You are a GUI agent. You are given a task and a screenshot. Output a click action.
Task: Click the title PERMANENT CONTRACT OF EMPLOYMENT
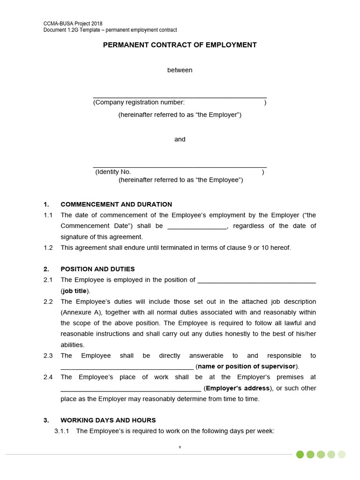pyautogui.click(x=180, y=45)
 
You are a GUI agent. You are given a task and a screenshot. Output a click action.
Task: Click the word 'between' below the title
pyautogui.click(x=180, y=70)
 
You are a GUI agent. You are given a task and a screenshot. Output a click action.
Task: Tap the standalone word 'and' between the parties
pyautogui.click(x=180, y=139)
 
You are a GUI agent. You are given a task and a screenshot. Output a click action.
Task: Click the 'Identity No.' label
pyautogui.click(x=113, y=172)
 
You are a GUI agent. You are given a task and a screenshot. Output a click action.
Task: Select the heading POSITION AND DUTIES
pyautogui.click(x=97, y=269)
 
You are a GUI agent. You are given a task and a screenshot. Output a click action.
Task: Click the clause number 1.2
pyautogui.click(x=48, y=247)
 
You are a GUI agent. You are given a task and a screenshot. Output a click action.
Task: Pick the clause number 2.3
pyautogui.click(x=48, y=356)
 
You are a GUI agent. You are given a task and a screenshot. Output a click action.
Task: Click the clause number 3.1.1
pyautogui.click(x=62, y=431)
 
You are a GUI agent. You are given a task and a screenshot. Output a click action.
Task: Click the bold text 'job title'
pyautogui.click(x=75, y=291)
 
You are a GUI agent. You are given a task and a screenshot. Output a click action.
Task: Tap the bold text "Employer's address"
pyautogui.click(x=238, y=388)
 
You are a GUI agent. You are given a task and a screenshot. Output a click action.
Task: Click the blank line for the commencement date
pyautogui.click(x=197, y=226)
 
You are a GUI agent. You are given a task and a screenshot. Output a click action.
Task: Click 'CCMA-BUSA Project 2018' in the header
pyautogui.click(x=73, y=23)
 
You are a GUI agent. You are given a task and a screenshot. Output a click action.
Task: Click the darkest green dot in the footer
pyautogui.click(x=300, y=454)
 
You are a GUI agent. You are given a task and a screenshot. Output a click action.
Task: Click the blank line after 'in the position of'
pyautogui.click(x=257, y=281)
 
